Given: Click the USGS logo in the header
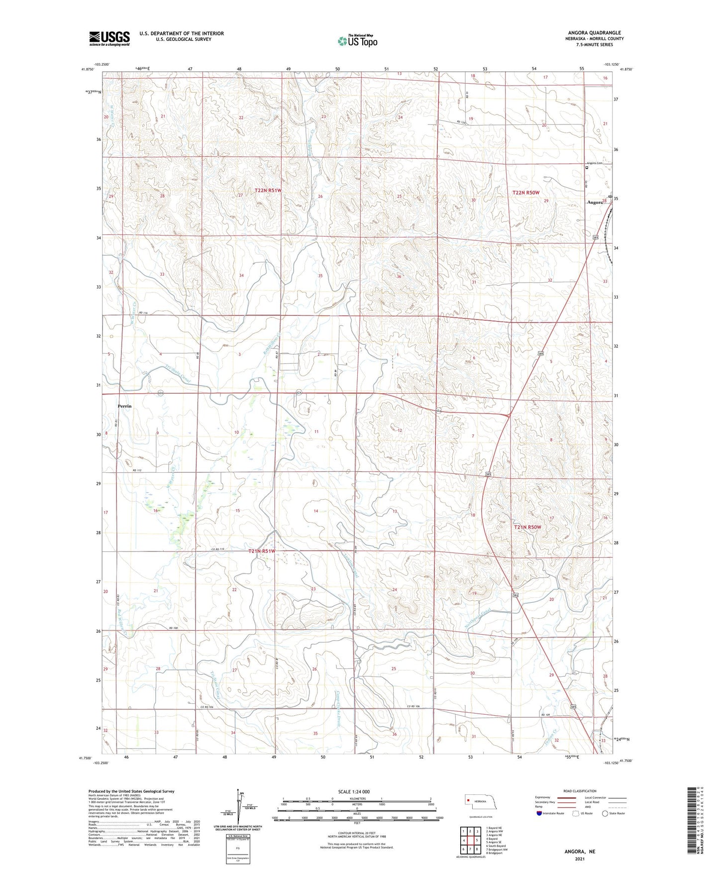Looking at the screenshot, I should coord(109,38).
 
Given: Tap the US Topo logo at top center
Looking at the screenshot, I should coord(357,41).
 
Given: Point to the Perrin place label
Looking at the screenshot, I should coord(124,406).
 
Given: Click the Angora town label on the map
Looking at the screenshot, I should coord(595,203).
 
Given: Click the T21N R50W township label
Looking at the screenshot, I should coord(527,527).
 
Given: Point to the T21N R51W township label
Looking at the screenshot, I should coord(262,551).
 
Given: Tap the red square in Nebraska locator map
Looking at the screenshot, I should coord(468,800).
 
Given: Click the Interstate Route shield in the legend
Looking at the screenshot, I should coord(539,813).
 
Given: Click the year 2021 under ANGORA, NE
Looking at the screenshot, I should coord(579,859).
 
